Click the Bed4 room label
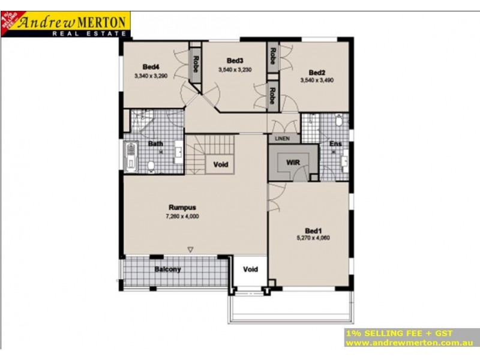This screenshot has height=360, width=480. [151, 67]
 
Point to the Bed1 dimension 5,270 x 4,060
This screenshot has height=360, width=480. [313, 238]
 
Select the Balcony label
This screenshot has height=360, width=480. [167, 269]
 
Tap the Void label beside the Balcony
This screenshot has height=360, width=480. [250, 269]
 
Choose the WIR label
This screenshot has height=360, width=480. [293, 163]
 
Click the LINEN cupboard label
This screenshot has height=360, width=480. [282, 139]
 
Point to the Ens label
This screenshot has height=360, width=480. [335, 144]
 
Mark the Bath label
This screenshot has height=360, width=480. [155, 144]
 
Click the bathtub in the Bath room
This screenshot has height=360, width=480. [130, 157]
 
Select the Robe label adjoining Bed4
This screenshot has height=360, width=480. [196, 62]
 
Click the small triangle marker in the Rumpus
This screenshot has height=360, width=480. [190, 249]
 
